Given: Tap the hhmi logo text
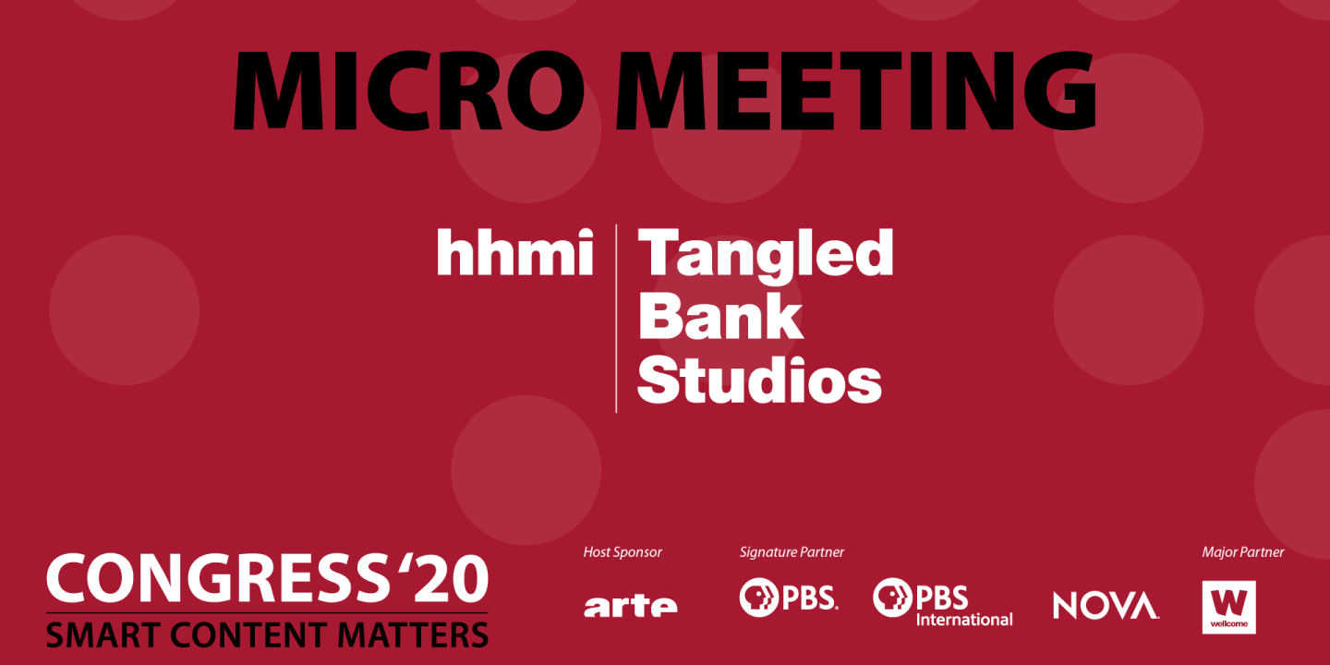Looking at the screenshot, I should pos(514,253).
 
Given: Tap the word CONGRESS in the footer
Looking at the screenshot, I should pos(213,579).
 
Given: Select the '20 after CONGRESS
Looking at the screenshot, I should pos(440,579).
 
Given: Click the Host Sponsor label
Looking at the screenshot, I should pos(623,552).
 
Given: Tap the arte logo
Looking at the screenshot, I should pos(630,605).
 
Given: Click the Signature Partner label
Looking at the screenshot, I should pos(792,552).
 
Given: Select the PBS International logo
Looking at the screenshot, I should pos(942,601).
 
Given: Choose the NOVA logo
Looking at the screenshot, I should pos(1106,605).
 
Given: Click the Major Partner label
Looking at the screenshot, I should pos(1242,552).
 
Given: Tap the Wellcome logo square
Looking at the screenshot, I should pos(1228,607).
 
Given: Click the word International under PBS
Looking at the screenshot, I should pos(964,619).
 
